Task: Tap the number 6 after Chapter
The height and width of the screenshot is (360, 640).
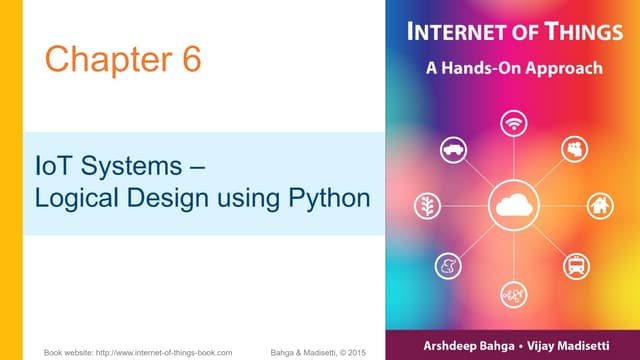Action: coord(190,59)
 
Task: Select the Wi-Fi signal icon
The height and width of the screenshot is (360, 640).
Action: coord(515,123)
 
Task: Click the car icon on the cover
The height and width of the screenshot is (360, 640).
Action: coord(454,150)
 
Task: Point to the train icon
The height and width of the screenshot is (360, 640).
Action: coord(575,266)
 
